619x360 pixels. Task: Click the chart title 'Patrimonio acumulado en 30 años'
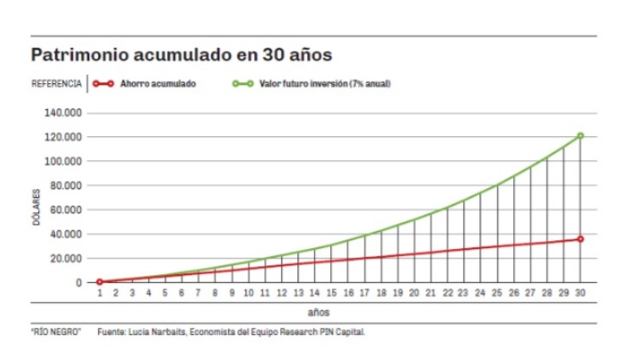pos(183,55)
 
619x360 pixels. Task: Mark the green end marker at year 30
pos(580,135)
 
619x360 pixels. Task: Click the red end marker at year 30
pos(580,239)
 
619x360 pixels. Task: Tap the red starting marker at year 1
pos(99,282)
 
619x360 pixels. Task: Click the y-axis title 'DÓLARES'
pos(37,209)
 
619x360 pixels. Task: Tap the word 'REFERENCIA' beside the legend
pos(56,84)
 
